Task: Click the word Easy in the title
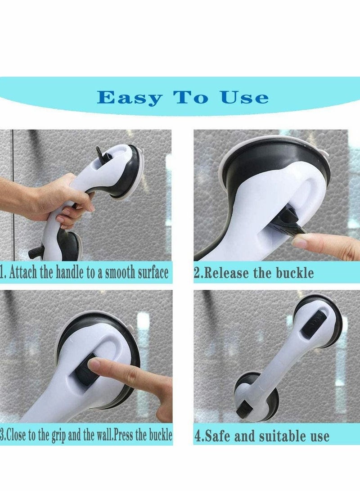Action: point(129,98)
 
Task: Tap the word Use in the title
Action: point(244,98)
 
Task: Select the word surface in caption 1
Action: point(149,273)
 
